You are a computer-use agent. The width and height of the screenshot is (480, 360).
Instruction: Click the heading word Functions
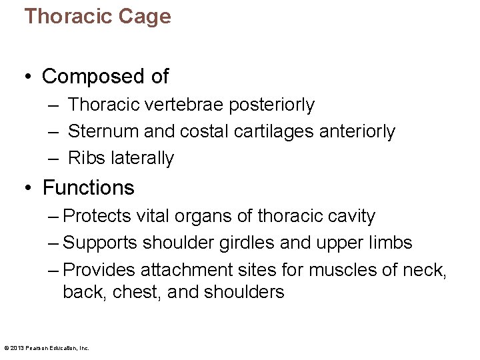tap(89, 188)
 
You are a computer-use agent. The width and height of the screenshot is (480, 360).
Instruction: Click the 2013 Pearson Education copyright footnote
tap(47, 348)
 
